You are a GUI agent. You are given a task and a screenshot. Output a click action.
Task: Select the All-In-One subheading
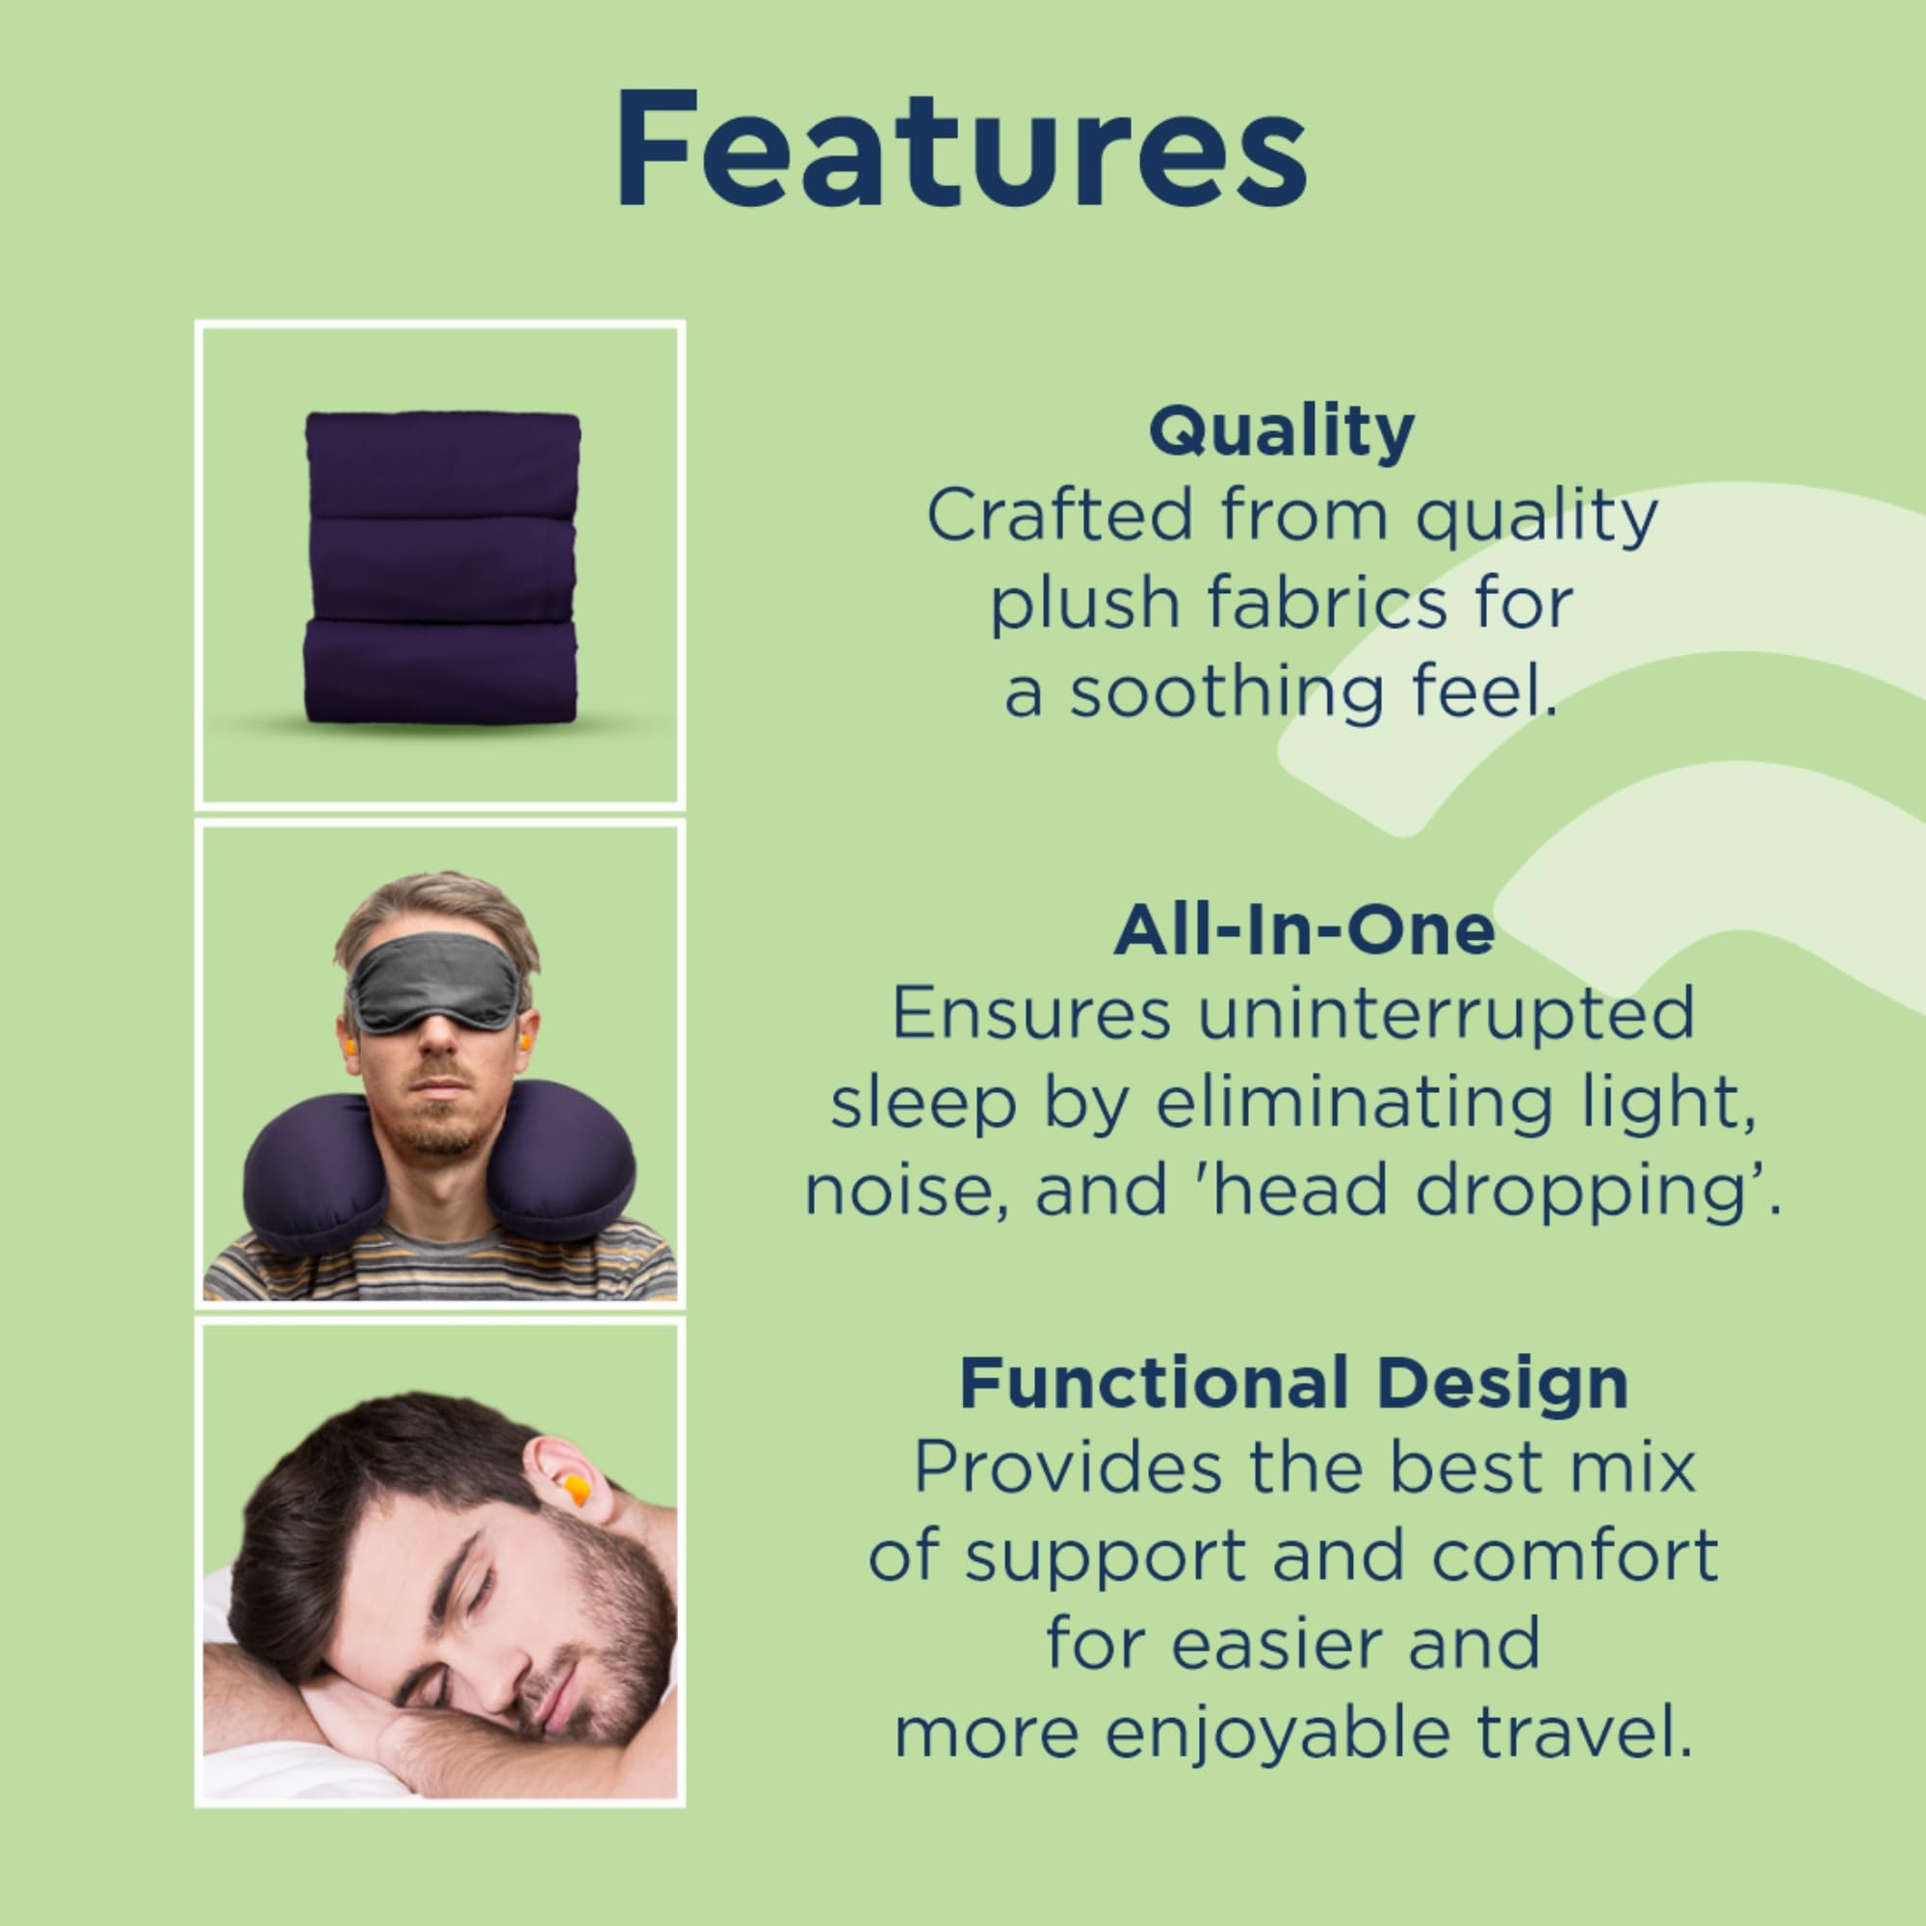click(x=1304, y=931)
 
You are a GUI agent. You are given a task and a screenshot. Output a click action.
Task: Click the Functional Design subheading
click(x=1294, y=1383)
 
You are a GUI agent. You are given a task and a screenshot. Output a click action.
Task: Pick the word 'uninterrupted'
click(x=1444, y=1013)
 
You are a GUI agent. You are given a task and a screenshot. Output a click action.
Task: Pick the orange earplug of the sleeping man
click(x=573, y=1494)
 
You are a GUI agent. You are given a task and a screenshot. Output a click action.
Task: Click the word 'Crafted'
click(x=1059, y=516)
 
